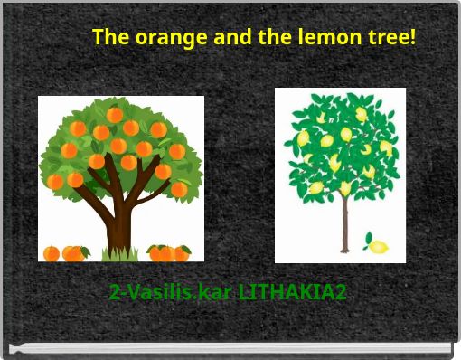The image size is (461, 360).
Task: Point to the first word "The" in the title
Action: coord(111,38)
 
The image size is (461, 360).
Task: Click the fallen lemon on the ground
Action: coord(379,246)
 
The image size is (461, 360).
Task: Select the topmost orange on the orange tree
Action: coord(115,115)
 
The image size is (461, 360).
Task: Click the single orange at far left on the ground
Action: coord(52,252)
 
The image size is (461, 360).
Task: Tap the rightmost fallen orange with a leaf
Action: coord(182,253)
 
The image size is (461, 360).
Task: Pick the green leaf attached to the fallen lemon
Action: coord(367,239)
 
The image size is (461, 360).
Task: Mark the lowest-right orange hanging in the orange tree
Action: coord(179,189)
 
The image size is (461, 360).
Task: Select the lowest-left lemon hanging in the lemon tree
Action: coord(315,188)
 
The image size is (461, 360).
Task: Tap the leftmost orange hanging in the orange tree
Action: coord(55,181)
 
